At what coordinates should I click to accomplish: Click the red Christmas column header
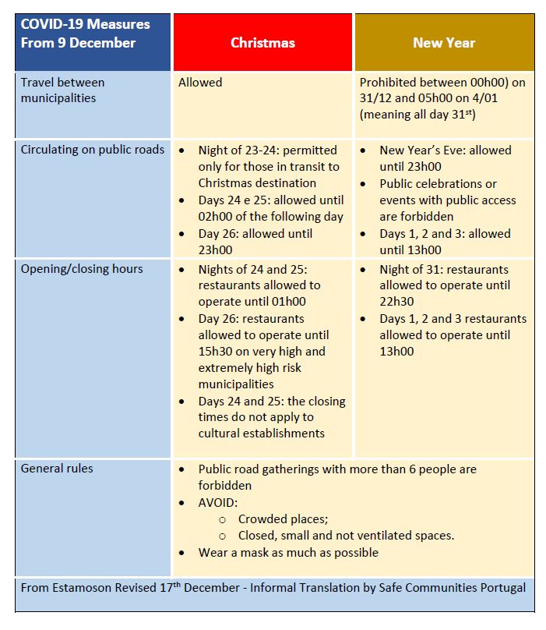(x=262, y=43)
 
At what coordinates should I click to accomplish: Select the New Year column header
(x=444, y=43)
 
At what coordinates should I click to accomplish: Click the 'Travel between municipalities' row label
(x=62, y=90)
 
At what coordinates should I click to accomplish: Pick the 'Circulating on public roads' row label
(x=93, y=150)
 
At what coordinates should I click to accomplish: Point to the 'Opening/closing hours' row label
(x=82, y=269)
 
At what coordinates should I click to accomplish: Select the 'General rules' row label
(x=57, y=469)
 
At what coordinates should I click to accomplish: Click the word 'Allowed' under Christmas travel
(x=200, y=82)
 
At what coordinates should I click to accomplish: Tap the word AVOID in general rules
(x=217, y=502)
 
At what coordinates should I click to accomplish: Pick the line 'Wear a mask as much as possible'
(x=288, y=552)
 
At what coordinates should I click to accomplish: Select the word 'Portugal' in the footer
(x=502, y=588)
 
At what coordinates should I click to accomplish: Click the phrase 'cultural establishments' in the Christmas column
(x=261, y=433)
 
